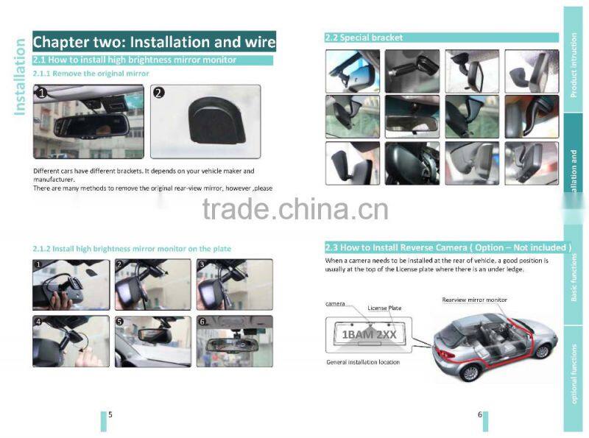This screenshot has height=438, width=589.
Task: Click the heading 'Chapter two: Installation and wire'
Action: [154, 41]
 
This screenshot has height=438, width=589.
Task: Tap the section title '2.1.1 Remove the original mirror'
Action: [91, 74]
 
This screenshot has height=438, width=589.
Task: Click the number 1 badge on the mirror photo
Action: [42, 93]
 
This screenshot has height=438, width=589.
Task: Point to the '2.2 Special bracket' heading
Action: [364, 38]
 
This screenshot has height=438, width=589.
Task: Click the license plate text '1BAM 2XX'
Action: [370, 334]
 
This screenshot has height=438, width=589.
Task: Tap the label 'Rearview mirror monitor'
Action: [474, 300]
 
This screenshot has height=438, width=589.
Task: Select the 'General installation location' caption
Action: [363, 362]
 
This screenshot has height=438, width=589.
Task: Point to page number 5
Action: [110, 414]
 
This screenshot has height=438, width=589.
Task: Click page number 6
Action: [480, 414]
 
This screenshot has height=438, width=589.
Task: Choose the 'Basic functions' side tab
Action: [574, 277]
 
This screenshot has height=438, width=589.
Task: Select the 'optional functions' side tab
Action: [574, 375]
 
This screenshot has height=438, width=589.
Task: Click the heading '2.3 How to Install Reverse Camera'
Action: [448, 247]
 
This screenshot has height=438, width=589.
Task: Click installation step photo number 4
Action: [71, 341]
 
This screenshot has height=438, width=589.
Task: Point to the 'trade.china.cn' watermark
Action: [294, 209]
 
